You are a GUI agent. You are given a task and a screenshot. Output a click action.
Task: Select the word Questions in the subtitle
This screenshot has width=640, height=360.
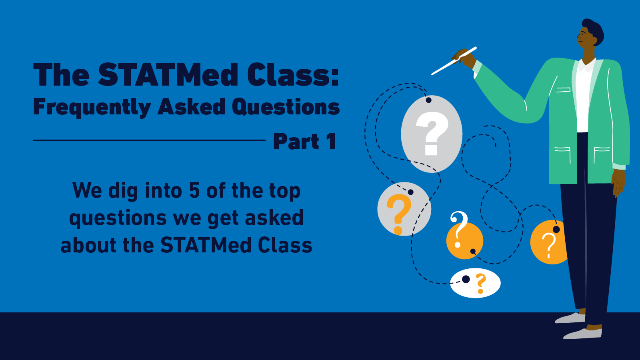(x=286, y=107)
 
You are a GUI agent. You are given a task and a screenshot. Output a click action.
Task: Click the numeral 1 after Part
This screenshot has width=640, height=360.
(x=331, y=142)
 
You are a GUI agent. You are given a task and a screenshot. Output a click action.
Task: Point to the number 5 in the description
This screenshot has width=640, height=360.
(x=194, y=190)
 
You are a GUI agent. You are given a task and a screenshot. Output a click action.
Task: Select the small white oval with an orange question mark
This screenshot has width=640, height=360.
(x=475, y=283)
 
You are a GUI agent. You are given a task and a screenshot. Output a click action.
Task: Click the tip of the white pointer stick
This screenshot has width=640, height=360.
(x=433, y=74)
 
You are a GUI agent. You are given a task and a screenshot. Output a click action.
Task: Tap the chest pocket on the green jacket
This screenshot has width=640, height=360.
(x=563, y=90)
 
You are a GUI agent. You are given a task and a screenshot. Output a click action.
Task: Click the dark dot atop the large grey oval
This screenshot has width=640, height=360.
(x=428, y=100)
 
